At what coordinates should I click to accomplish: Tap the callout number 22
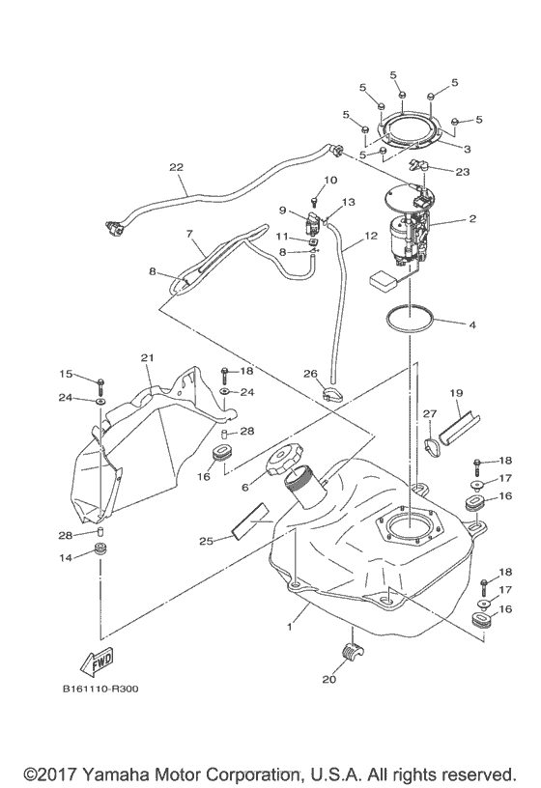176,167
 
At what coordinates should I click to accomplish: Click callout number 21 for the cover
147,358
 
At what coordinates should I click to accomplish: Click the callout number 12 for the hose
372,236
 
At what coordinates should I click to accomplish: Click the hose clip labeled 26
331,394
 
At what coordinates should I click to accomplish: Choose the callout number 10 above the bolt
330,180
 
